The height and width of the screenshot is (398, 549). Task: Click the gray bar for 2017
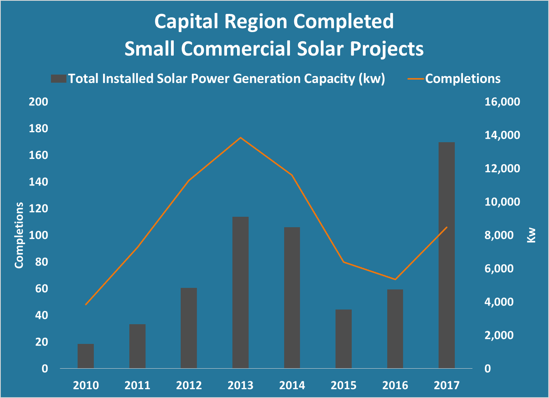pyautogui.click(x=447, y=255)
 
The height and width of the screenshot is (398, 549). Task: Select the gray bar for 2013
pyautogui.click(x=241, y=293)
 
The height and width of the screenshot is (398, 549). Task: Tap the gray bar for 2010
pyautogui.click(x=86, y=356)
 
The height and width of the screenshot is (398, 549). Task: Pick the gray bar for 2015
pyautogui.click(x=344, y=339)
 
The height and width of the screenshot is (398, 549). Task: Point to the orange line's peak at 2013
pyautogui.click(x=241, y=138)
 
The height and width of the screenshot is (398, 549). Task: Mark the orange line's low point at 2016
pyautogui.click(x=395, y=279)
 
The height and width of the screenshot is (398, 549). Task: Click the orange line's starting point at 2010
pyautogui.click(x=86, y=305)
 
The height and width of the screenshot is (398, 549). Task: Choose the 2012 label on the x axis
pyautogui.click(x=189, y=385)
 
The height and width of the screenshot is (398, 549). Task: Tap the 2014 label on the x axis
pyautogui.click(x=292, y=385)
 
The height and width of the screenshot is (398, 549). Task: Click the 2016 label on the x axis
pyautogui.click(x=395, y=385)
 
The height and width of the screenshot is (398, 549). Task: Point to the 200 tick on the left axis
pyautogui.click(x=39, y=102)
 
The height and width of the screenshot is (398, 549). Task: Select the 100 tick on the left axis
pyautogui.click(x=39, y=235)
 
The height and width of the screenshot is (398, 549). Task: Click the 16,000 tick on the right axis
pyautogui.click(x=502, y=102)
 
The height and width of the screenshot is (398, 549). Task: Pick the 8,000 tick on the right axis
pyautogui.click(x=499, y=235)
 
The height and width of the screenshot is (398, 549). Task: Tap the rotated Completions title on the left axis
pyautogui.click(x=19, y=235)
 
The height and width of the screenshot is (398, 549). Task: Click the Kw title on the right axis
pyautogui.click(x=531, y=235)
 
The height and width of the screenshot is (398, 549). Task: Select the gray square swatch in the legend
pyautogui.click(x=59, y=79)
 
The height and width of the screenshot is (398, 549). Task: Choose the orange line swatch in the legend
pyautogui.click(x=416, y=79)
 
